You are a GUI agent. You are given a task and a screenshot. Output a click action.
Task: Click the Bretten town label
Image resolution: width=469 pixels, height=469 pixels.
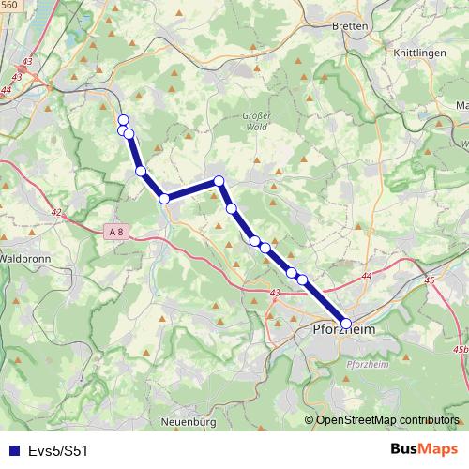click(x=350, y=26)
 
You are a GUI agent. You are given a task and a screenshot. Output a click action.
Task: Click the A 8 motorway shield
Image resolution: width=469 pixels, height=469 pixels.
click(x=115, y=231)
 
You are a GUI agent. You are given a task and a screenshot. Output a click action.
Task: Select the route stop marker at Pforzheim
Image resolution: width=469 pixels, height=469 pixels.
click(x=346, y=324)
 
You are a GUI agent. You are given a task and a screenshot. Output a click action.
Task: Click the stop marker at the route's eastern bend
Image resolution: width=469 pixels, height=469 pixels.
click(x=219, y=180)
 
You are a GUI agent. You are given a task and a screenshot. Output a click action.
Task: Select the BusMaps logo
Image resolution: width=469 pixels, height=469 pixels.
click(x=421, y=449)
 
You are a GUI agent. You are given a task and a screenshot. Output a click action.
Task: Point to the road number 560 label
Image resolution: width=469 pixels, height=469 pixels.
click(x=9, y=5)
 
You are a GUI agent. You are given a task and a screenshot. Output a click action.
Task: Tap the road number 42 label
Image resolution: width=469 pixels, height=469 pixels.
click(x=56, y=213)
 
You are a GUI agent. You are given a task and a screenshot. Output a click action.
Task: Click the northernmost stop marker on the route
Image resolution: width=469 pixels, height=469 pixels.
click(x=123, y=119)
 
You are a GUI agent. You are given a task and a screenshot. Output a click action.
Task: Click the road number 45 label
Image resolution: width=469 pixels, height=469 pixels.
click(x=431, y=280)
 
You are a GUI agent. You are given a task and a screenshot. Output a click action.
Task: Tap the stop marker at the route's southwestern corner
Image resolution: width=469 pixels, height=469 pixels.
click(x=164, y=198)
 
